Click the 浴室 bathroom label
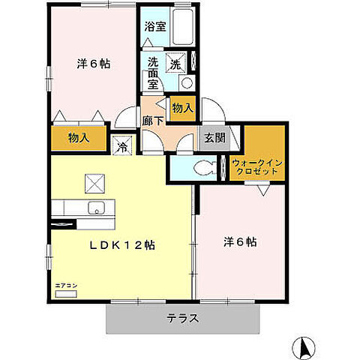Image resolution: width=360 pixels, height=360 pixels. click(156, 25)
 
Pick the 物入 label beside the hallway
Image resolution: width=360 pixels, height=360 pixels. click(182, 109)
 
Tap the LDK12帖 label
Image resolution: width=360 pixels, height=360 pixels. click(124, 244)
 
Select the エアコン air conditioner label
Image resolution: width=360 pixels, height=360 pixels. click(65, 286)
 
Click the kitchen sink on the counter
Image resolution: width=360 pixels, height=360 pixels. click(96, 208)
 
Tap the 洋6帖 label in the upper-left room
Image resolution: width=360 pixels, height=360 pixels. click(93, 64)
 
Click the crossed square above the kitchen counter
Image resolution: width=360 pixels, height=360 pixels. click(95, 182)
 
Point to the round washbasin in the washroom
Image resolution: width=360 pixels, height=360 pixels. click(187, 83)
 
